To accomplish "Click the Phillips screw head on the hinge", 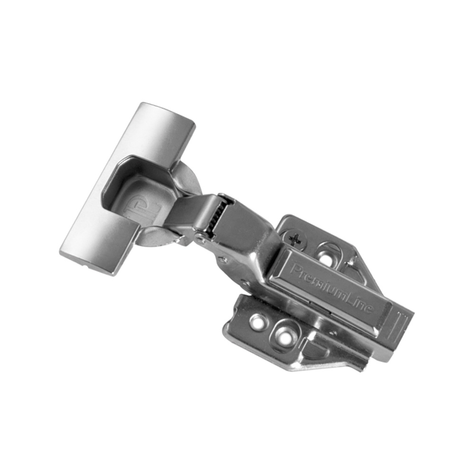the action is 294,240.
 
